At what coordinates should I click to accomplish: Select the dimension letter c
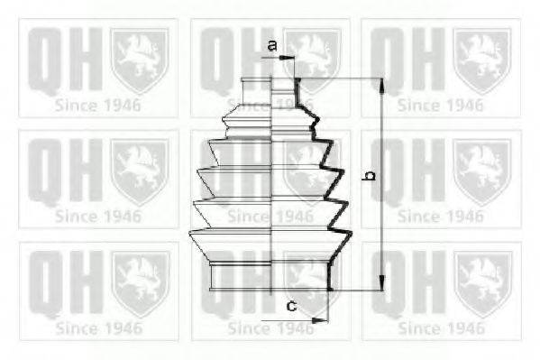pos(291,306)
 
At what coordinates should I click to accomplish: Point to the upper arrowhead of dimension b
pos(382,84)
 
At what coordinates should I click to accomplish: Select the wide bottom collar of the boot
pos(270,276)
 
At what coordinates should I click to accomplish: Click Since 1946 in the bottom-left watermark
pos(96,326)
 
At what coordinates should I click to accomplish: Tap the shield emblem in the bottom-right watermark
pos(481,281)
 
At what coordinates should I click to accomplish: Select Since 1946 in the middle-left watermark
pos(96,216)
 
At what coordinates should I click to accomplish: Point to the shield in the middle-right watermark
pos(481,170)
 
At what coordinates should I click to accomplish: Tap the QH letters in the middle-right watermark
pos(405,170)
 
